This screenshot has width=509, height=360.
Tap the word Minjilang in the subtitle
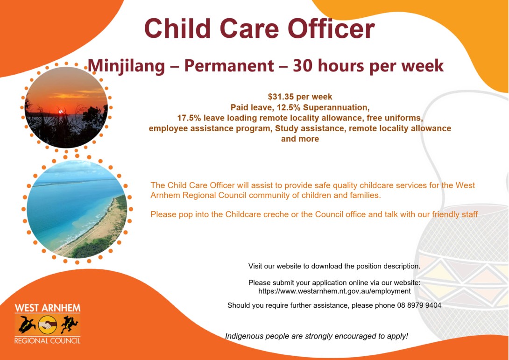[x=126, y=65]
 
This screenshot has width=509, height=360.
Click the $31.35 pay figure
[x=283, y=97]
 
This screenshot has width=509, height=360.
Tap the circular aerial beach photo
[x=77, y=209]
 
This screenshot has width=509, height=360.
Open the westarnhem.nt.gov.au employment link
[x=334, y=291]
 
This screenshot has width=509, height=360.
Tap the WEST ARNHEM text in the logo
[x=47, y=309]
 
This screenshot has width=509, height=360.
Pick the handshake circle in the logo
[x=47, y=324]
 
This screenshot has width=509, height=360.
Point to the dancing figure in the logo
[x=69, y=324]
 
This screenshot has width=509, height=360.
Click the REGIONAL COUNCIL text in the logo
[x=47, y=340]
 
